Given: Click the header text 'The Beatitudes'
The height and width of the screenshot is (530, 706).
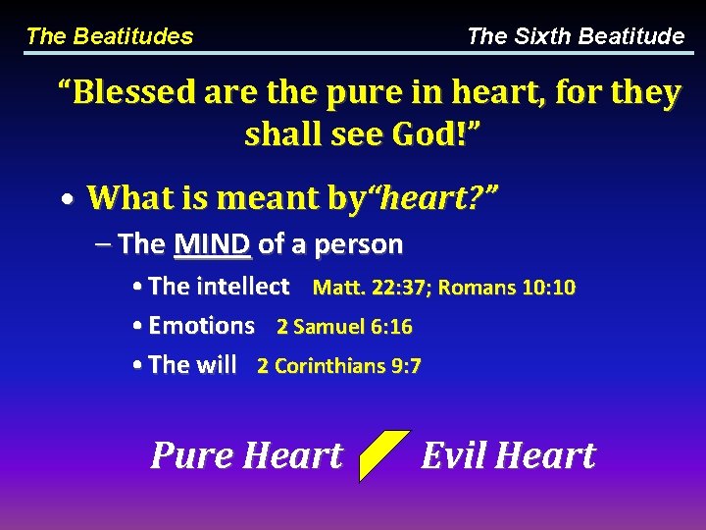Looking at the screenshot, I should pos(109,37).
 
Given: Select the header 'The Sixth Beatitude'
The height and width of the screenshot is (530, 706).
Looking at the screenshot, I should pos(576,37).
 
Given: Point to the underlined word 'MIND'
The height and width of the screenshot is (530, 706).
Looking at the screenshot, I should pos(213,243).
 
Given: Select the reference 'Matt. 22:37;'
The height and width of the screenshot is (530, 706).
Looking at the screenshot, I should pos(373,289).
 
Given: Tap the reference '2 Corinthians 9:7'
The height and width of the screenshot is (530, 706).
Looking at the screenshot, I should pos(339,367).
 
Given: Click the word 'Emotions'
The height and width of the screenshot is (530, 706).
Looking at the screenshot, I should pos(201,326).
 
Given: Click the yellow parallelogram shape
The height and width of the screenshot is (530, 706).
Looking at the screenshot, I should pos(383,455).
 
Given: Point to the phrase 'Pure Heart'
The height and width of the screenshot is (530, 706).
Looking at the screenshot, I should pos(247,455).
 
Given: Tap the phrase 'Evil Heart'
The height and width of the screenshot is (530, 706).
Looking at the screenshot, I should pos(508,455).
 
